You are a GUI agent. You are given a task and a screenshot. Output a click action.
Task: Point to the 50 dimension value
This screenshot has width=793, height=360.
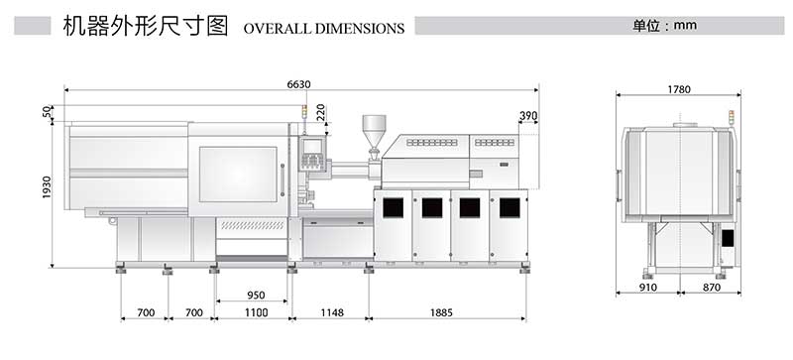point(47,113)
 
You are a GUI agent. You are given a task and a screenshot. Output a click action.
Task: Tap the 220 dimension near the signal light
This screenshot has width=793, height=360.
point(320,115)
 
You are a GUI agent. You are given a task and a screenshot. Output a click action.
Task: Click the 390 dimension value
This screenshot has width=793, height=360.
point(528,116)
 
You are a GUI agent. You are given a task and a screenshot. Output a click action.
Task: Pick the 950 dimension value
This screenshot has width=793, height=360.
point(255,296)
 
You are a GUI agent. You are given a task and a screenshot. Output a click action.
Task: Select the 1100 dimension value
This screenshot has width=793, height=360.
point(255,313)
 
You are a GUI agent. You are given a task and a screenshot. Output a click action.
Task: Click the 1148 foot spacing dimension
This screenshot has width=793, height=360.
point(330,313)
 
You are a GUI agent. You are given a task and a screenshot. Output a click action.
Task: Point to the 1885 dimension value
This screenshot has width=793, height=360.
point(447,313)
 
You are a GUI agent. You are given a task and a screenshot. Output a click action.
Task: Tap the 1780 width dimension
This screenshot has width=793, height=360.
point(678,89)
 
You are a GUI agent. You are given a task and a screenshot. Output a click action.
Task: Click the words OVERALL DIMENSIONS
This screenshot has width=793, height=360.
point(323,29)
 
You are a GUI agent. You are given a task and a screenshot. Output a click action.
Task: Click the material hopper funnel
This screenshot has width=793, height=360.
point(374,130)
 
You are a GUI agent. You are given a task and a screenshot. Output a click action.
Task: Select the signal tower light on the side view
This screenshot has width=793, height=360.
point(733,118)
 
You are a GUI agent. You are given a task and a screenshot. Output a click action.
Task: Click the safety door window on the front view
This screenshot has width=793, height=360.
point(238,174)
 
